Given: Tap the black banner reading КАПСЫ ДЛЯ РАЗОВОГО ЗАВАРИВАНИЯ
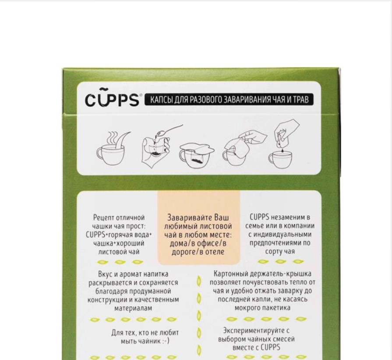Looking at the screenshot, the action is tap(229, 100).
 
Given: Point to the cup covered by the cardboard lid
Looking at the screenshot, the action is tap(197, 156).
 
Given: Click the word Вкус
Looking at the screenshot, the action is tap(105, 274).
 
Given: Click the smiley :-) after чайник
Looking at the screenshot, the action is tap(165, 341).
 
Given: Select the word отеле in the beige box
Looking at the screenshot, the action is tap(215, 252).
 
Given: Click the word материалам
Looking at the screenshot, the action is tap(133, 308).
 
